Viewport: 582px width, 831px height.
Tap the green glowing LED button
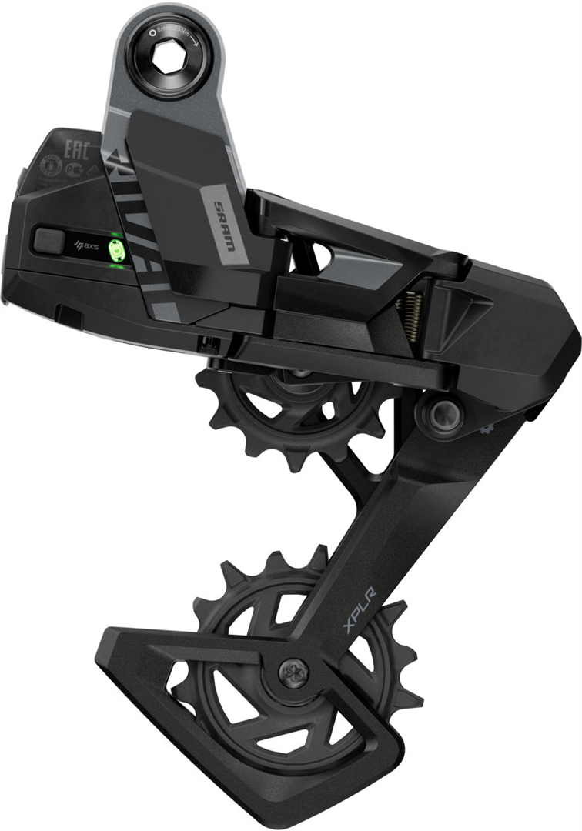(x=117, y=249)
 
